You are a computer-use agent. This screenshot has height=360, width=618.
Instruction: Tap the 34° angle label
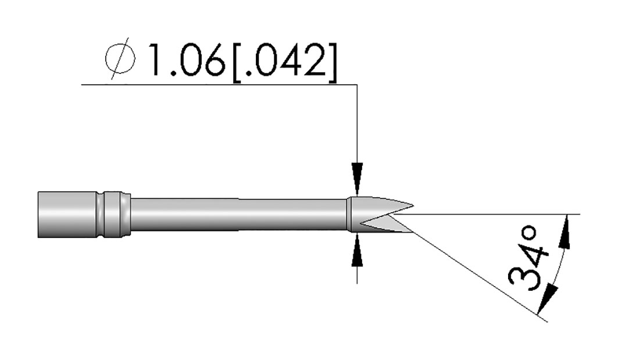(528, 259)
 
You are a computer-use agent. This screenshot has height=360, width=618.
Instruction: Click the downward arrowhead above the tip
(357, 179)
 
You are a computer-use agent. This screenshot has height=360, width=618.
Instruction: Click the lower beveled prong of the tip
(385, 224)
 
